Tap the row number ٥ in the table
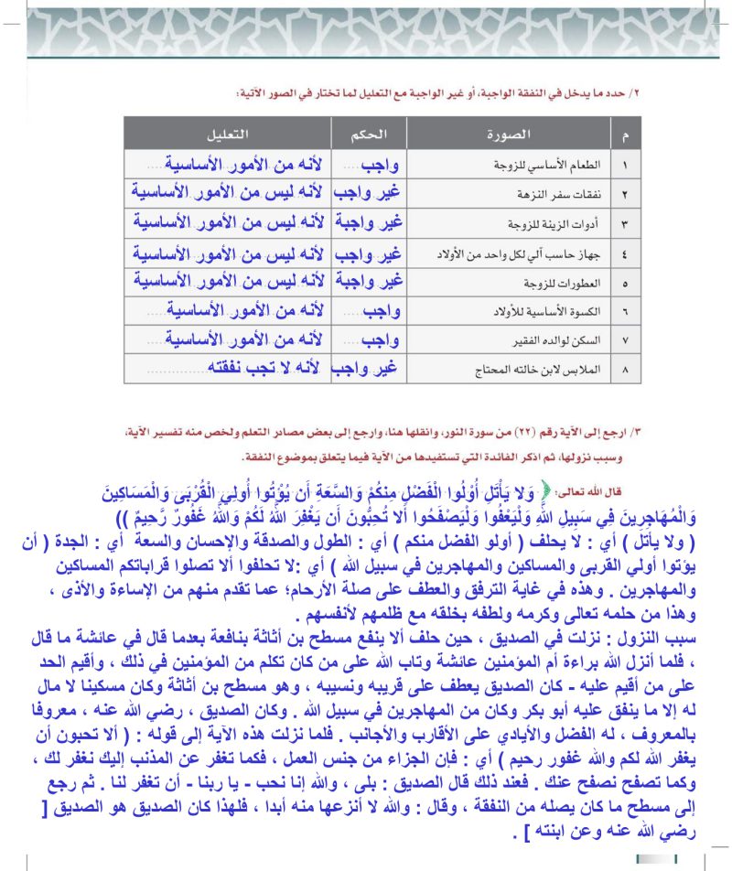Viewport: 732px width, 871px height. [625, 283]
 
